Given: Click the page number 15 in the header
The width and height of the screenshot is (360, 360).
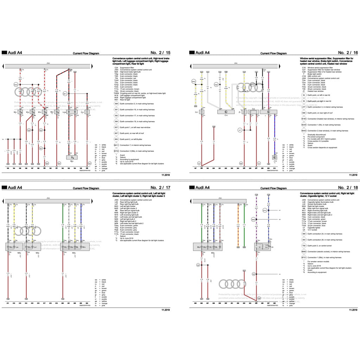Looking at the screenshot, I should tap(168, 52).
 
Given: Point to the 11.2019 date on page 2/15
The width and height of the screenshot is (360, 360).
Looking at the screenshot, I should tap(166, 175).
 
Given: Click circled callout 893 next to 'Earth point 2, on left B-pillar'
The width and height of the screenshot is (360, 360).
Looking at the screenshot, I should tap(116, 139).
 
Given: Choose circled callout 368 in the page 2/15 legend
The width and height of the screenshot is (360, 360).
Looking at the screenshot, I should tap(116, 104).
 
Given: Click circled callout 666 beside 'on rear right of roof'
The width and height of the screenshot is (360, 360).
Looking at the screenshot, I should tap(304, 113).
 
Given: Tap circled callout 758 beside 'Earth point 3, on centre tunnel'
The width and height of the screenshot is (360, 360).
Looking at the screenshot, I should tap(304, 245).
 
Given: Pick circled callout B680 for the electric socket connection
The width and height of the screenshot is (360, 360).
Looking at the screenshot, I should tap(304, 251).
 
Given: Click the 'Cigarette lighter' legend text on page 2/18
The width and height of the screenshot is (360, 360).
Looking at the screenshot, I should tap(314, 227).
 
